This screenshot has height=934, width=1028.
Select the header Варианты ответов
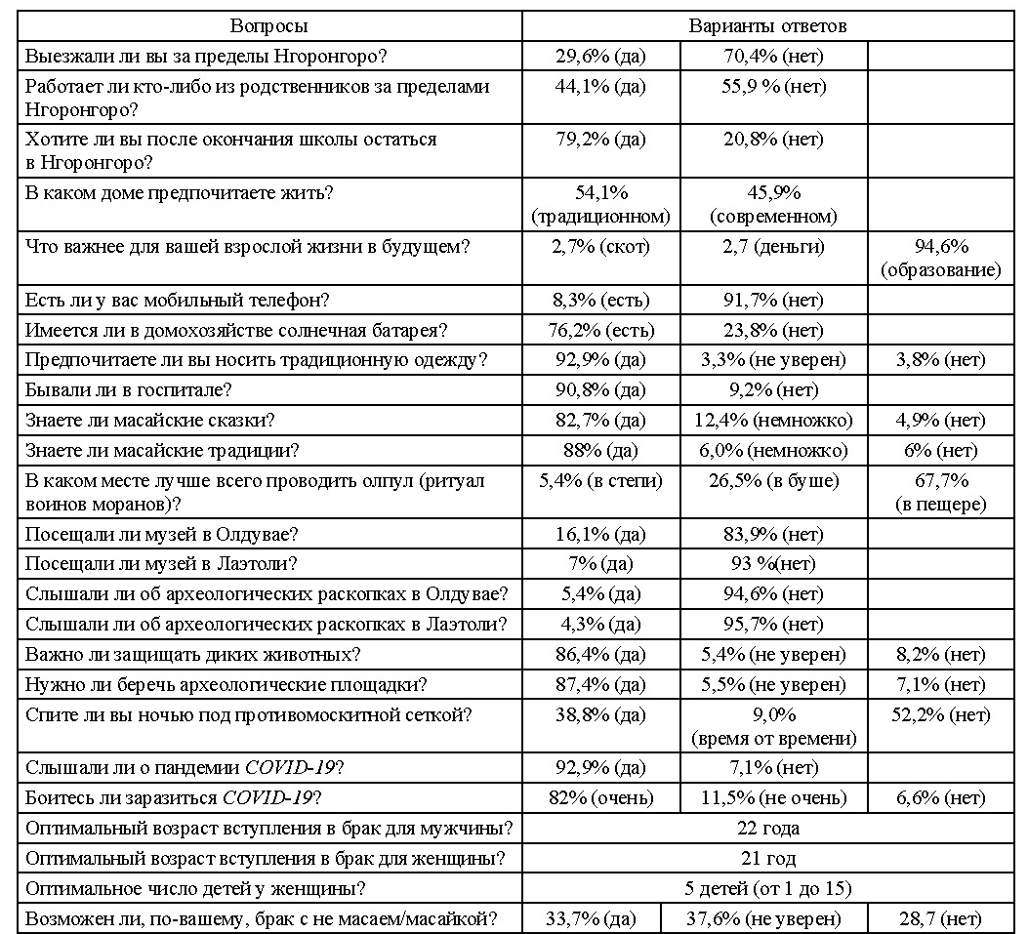pos(767,25)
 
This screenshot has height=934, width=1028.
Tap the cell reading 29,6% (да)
pos(598,56)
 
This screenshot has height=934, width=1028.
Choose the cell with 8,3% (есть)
pos(598,301)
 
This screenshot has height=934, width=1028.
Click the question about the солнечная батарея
pos(236,330)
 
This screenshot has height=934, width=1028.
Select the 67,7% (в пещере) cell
pos(942,493)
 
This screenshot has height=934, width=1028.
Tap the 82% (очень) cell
pos(598,797)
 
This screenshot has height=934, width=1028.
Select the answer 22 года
pos(767,829)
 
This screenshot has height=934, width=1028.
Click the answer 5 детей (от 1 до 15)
pos(767,889)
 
